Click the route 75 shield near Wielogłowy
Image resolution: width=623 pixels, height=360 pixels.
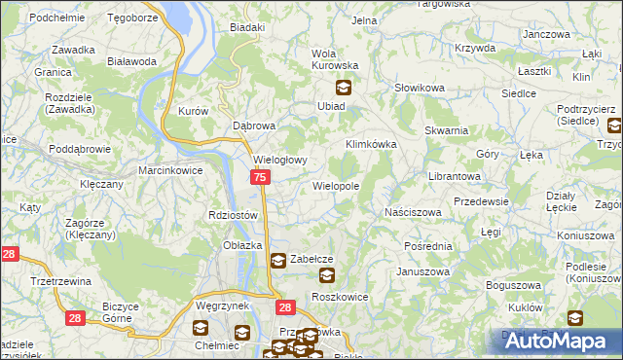tap(260, 177)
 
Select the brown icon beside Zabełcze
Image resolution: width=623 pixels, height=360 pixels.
tap(277, 260)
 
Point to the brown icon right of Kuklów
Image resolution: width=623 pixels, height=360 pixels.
tap(575, 317)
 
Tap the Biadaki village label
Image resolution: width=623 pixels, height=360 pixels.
tap(247, 27)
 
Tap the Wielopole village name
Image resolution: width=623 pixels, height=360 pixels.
tap(336, 185)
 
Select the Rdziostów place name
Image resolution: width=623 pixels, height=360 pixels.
tap(233, 215)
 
